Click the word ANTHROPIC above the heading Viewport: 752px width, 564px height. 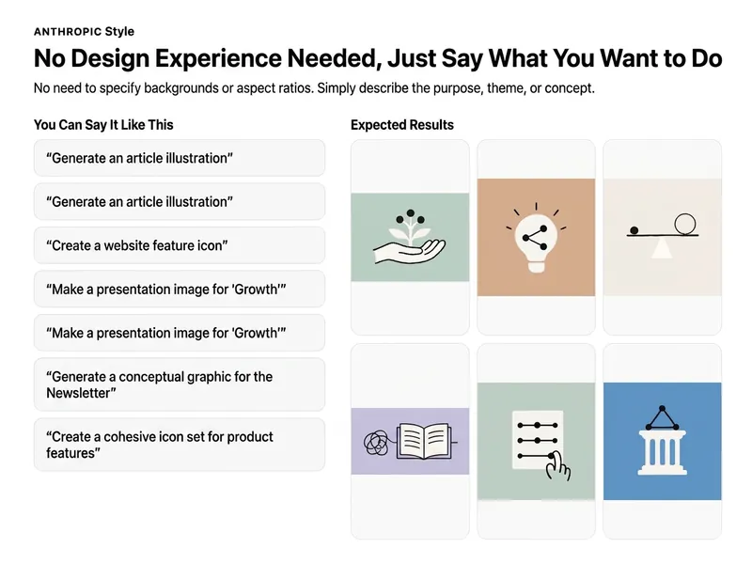click(x=68, y=32)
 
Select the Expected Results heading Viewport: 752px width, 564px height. click(x=402, y=125)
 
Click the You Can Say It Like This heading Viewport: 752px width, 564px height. click(x=103, y=125)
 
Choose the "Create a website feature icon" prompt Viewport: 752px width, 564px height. click(x=180, y=245)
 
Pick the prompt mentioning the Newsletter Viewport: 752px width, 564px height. click(x=180, y=384)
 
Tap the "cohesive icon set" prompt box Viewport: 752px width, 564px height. click(x=180, y=445)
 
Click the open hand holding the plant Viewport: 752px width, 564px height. click(x=410, y=250)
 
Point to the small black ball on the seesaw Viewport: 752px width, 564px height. click(x=634, y=230)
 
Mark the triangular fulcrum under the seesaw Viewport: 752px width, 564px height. click(x=662, y=247)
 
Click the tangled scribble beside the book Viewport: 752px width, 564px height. click(x=376, y=443)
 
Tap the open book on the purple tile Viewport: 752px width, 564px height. click(x=424, y=441)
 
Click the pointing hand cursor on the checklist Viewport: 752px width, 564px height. click(x=558, y=465)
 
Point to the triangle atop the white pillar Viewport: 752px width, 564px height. click(x=662, y=417)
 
